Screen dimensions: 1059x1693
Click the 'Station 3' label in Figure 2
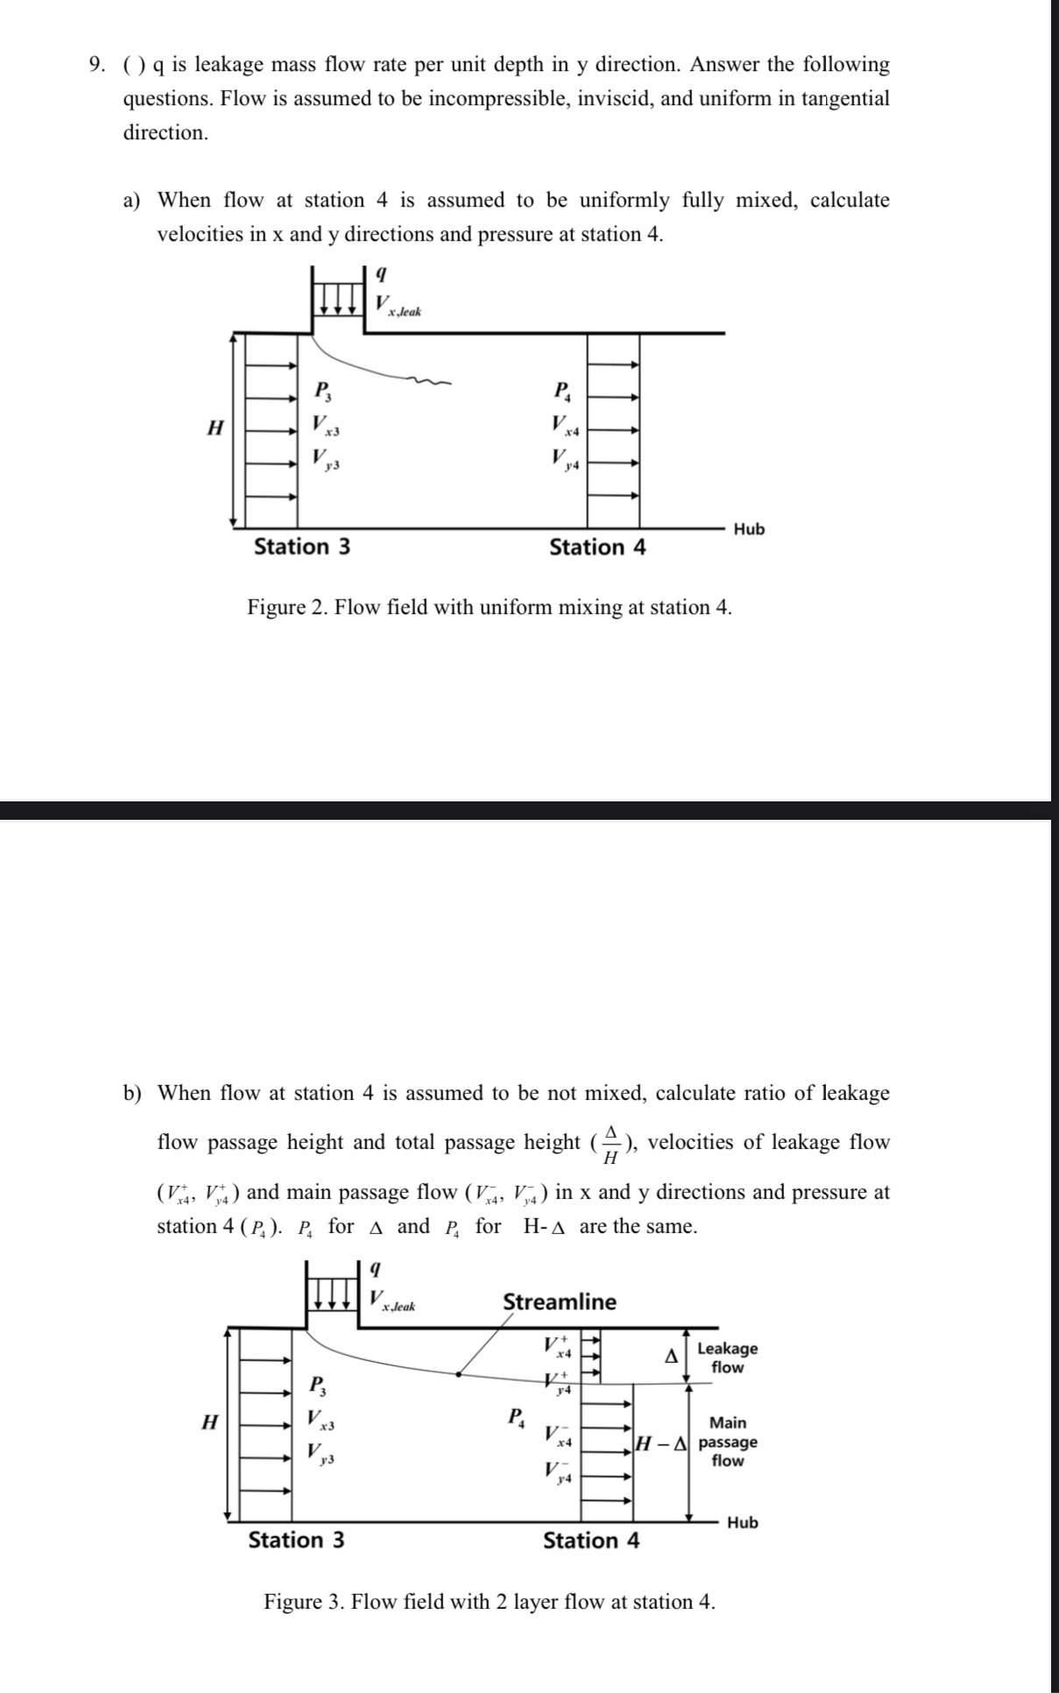tap(301, 547)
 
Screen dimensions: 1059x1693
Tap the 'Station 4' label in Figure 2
tap(597, 547)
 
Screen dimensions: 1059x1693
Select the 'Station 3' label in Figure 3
tap(296, 1540)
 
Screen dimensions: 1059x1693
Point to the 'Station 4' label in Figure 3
tap(591, 1541)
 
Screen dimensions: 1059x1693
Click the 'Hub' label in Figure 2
tap(749, 529)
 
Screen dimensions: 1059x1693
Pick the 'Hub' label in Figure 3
tap(743, 1522)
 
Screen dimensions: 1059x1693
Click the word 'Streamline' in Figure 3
tap(559, 1301)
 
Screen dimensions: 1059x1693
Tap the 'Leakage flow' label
tap(727, 1358)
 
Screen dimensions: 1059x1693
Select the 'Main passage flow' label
tap(728, 1442)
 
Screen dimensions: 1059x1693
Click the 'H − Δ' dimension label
tap(663, 1442)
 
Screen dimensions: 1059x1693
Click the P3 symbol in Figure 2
tap(321, 389)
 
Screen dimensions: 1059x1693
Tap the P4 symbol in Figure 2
tap(561, 390)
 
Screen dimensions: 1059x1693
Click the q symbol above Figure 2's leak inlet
tap(380, 273)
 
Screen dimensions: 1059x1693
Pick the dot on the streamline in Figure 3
tap(458, 1374)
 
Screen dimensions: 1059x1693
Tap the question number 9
tap(99, 65)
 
